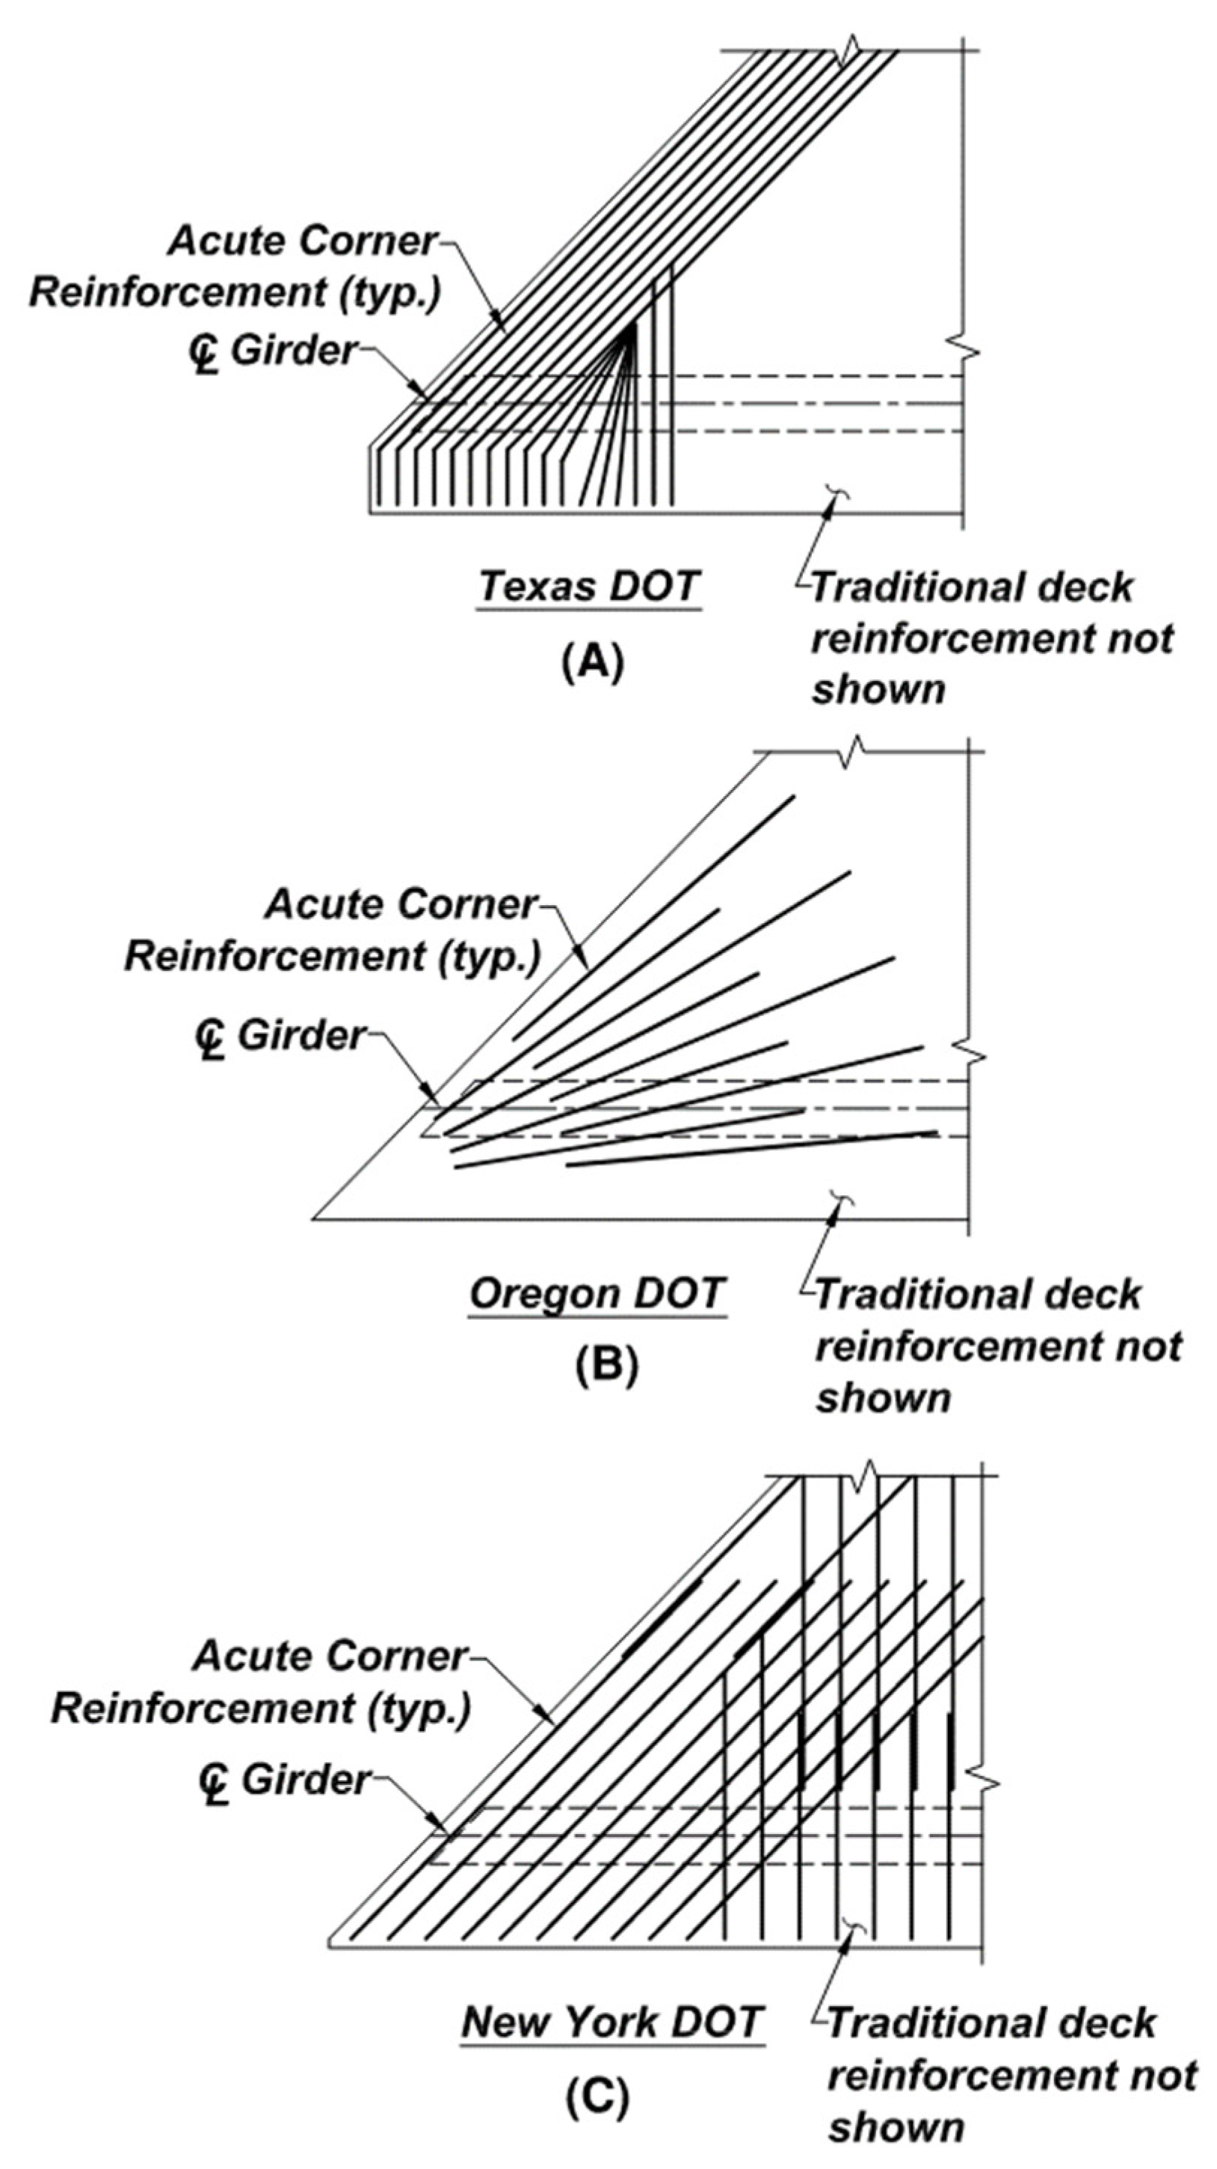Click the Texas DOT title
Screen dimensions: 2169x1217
pyautogui.click(x=589, y=585)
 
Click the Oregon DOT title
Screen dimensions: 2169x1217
pyautogui.click(x=597, y=1292)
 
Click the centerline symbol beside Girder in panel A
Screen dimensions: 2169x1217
pyautogui.click(x=203, y=354)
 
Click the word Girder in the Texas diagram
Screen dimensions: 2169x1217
pyautogui.click(x=293, y=351)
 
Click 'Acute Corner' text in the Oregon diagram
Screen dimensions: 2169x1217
pyautogui.click(x=400, y=905)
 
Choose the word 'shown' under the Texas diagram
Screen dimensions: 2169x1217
pyautogui.click(x=878, y=690)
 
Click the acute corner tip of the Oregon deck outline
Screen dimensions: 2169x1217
pyautogui.click(x=314, y=1218)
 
